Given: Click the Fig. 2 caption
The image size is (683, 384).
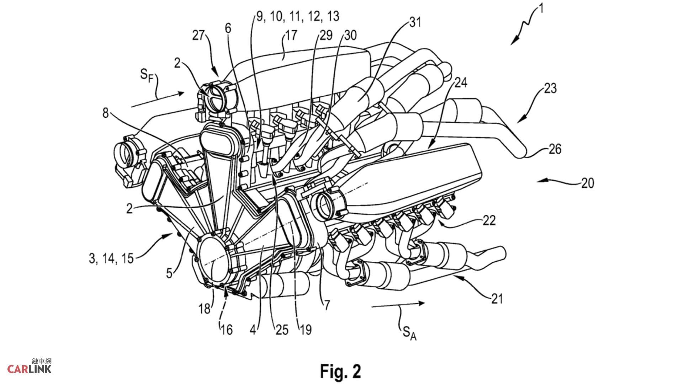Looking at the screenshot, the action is click(340, 371).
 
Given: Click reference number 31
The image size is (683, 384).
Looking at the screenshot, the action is click(415, 22).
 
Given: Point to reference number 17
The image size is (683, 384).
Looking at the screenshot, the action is click(291, 35).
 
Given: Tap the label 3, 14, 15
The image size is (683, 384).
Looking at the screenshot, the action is click(111, 258).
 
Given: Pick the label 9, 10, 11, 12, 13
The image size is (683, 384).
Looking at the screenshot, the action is click(298, 16).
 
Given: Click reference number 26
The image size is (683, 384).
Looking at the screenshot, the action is click(555, 149).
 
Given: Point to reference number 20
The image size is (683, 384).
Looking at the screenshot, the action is click(588, 183).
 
